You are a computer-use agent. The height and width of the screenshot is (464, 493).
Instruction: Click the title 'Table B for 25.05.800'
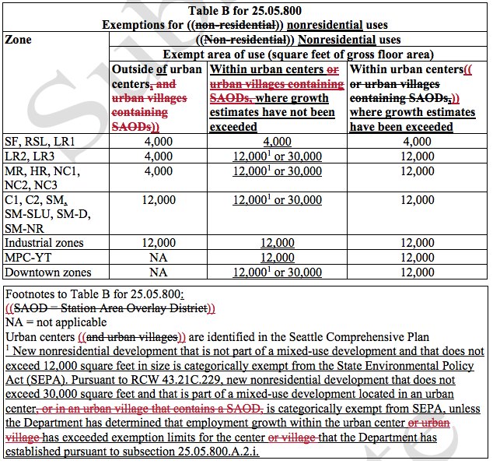(x=245, y=11)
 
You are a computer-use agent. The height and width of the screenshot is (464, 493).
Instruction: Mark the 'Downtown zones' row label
(x=48, y=272)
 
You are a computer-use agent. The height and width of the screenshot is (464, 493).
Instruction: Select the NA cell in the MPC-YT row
(x=158, y=258)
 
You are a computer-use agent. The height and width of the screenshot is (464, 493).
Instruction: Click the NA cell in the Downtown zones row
(x=158, y=272)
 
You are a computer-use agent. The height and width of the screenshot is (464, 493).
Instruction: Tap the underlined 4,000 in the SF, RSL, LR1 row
(x=277, y=142)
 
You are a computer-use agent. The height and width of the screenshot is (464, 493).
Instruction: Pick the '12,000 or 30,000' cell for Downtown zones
(x=277, y=272)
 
